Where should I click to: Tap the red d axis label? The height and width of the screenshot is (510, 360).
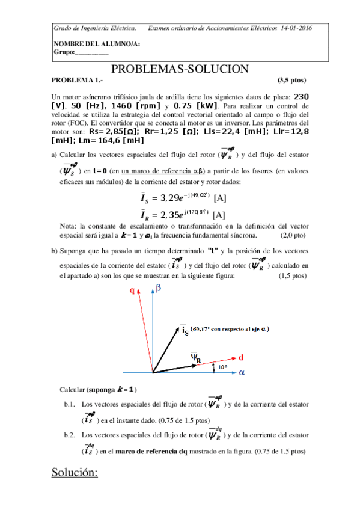241,357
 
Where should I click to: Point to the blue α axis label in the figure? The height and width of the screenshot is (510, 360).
242,373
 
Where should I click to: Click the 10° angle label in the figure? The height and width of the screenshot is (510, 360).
222,366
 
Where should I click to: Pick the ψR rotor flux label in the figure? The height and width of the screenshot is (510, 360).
195,357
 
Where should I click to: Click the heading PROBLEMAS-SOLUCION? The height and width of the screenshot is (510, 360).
180,69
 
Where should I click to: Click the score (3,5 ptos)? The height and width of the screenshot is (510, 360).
291,80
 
